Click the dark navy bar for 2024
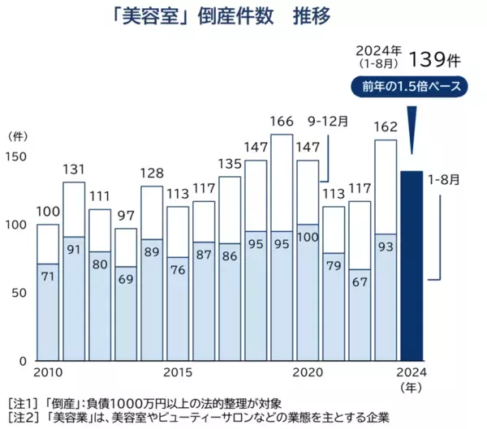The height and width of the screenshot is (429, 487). point(412,265)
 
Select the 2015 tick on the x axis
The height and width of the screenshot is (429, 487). point(178,372)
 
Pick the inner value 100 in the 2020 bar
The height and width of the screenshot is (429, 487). point(308,237)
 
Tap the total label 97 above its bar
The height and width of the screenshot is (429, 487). point(126,216)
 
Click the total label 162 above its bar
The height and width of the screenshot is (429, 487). point(386,127)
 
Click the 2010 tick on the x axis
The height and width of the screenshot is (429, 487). point(48,372)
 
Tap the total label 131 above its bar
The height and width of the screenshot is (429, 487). point(74,169)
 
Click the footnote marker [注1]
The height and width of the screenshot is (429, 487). point(20,403)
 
